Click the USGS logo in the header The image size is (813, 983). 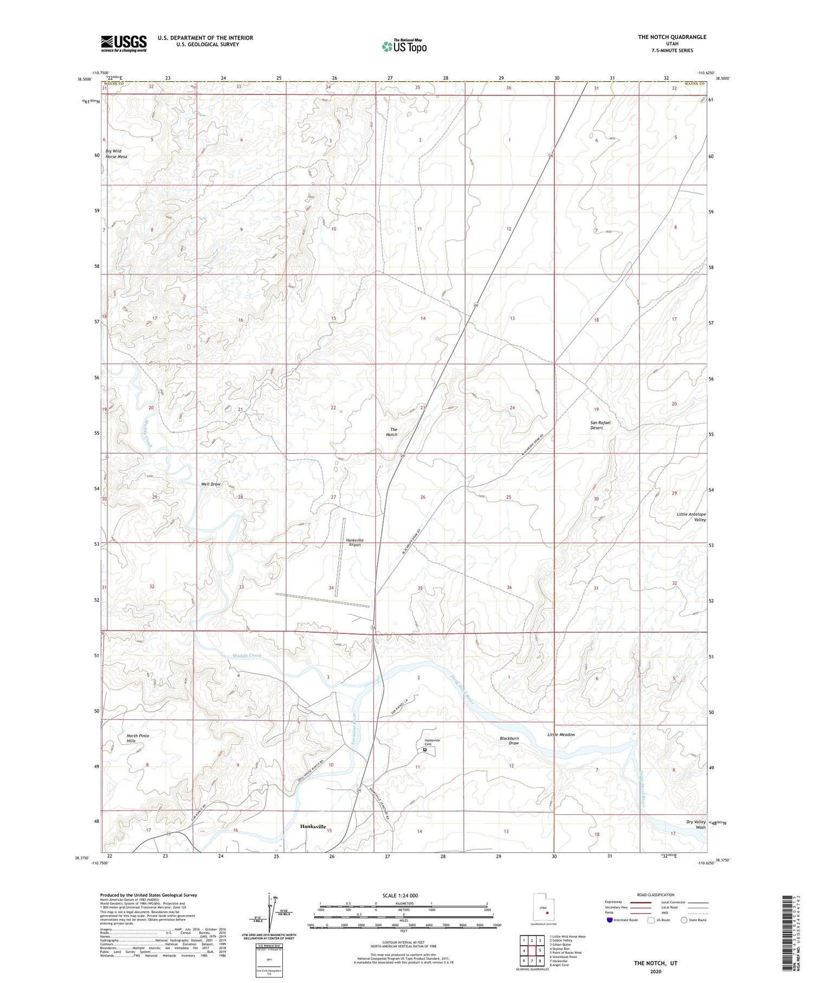coord(124,43)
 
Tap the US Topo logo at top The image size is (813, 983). coord(404,47)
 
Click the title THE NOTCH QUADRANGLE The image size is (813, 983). coord(672,37)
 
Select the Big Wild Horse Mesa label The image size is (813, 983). coord(113,154)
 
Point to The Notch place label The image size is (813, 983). coord(392,432)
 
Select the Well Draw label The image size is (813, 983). coord(211,484)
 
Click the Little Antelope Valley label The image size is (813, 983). coord(691,517)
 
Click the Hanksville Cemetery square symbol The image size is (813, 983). coord(424,750)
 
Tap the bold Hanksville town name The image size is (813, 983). coord(313,827)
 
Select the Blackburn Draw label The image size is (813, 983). coord(509,741)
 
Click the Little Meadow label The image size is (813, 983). coord(561,735)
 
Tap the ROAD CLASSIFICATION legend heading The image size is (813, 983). coord(656,895)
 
